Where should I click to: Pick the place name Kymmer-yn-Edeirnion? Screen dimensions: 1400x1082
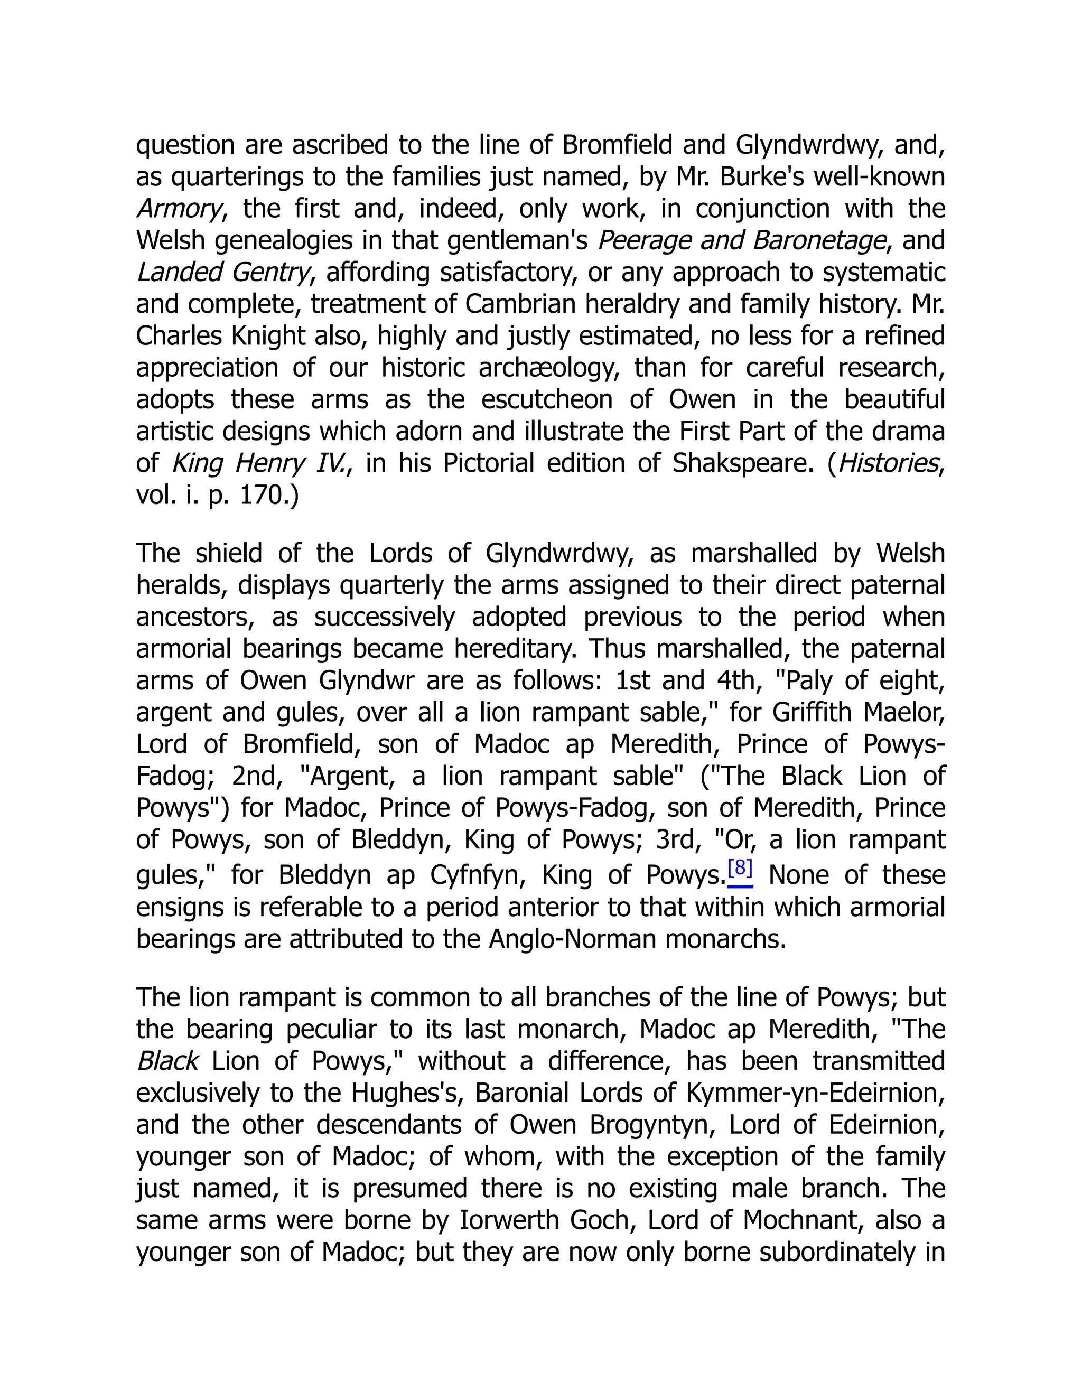815,1093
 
